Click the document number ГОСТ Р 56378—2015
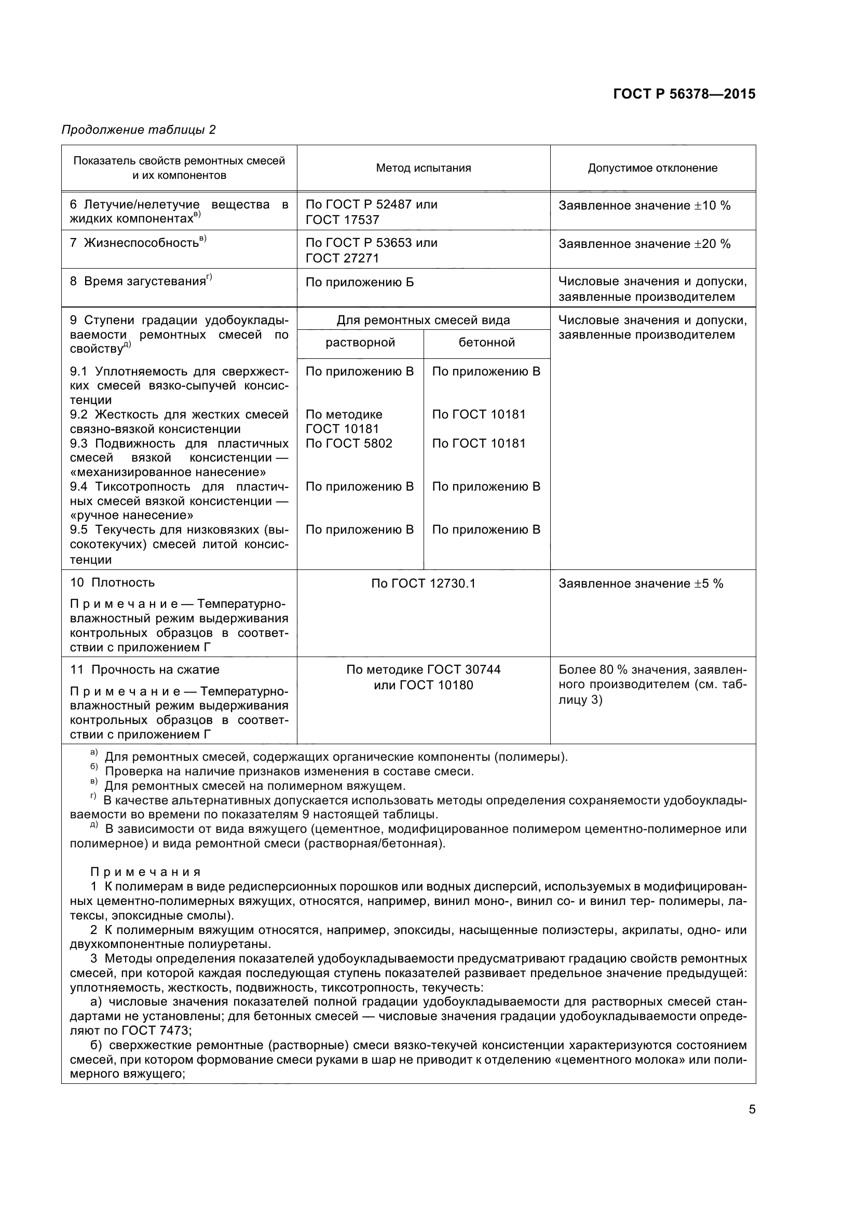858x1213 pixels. pos(684,94)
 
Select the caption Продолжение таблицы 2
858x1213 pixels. pos(139,130)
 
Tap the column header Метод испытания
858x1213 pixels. pos(423,168)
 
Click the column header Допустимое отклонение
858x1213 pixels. pos(652,168)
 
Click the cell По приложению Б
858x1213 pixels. pos(360,282)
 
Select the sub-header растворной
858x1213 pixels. pos(360,342)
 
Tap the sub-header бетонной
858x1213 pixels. pos(486,342)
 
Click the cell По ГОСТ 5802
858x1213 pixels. pos(349,443)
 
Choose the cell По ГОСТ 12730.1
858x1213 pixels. pos(423,583)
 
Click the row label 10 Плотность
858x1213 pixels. pos(113,583)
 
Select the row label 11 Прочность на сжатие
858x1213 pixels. pos(145,670)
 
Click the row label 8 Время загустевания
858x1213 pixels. pos(141,281)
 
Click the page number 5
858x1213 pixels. pos(752,1109)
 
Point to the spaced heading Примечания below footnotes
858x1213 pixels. pos(145,872)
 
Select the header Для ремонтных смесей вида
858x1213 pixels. pos(423,320)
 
